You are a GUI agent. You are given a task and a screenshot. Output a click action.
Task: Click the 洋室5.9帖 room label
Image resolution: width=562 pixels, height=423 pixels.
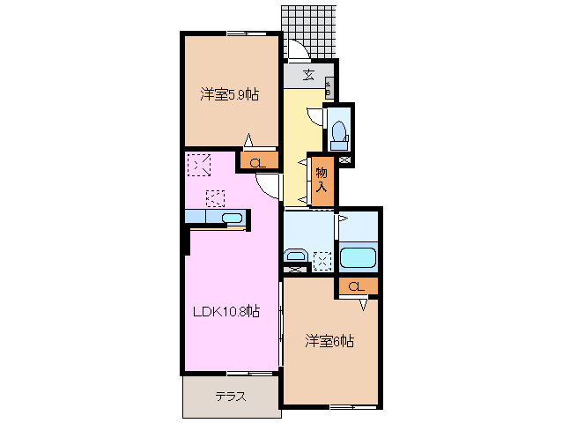tap(228, 94)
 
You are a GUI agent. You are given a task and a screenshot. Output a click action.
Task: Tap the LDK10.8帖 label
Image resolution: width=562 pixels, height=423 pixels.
tap(227, 310)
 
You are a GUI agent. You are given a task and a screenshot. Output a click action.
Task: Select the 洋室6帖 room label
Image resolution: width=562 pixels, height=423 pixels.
tap(329, 340)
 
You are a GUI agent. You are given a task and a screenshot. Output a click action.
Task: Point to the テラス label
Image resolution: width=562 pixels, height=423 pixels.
tap(231, 397)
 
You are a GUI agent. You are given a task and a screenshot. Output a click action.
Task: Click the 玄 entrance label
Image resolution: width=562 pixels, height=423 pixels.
tap(309, 74)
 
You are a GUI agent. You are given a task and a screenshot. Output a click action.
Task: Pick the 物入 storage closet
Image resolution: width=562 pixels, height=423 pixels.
tap(322, 180)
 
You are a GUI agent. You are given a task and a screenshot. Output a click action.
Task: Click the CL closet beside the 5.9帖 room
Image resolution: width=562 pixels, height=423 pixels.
tap(258, 161)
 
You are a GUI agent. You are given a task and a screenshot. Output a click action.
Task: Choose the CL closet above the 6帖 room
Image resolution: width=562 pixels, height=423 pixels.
tap(356, 286)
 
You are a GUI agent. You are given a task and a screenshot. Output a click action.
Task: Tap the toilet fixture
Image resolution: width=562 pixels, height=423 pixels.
tap(338, 135)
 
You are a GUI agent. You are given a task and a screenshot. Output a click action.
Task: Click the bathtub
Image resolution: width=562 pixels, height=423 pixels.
tap(358, 258)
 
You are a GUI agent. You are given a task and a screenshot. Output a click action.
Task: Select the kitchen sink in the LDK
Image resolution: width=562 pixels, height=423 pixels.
tap(232, 218)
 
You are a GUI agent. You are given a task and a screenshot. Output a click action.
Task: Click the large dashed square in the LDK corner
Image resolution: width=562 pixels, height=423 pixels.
tap(200, 164)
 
